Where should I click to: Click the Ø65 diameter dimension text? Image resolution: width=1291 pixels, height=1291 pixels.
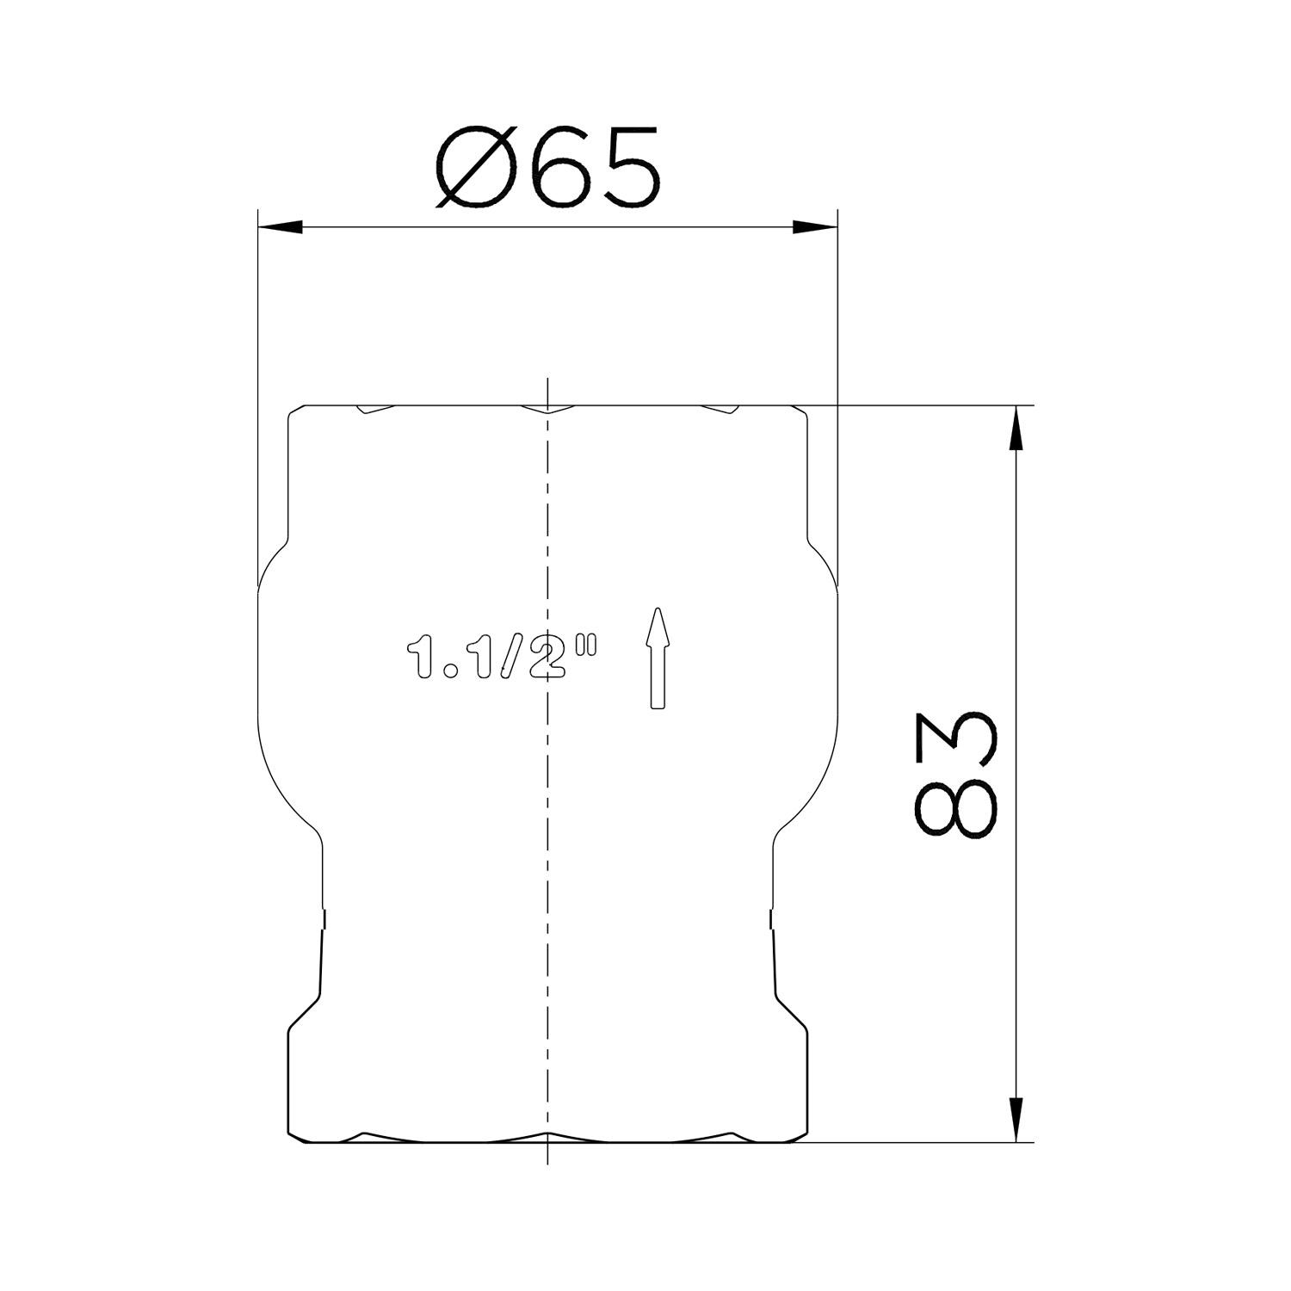click(x=547, y=168)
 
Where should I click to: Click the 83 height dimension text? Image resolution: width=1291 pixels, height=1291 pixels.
click(x=956, y=774)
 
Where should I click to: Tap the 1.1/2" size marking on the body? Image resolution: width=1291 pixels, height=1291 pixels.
click(x=501, y=658)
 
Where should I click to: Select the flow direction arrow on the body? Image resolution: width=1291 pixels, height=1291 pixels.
click(x=658, y=658)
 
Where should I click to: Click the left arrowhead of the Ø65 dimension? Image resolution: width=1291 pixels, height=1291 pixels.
click(x=281, y=228)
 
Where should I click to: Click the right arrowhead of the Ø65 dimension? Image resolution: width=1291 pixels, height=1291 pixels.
click(x=814, y=228)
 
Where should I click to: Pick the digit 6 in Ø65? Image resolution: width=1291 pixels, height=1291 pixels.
click(x=565, y=168)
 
